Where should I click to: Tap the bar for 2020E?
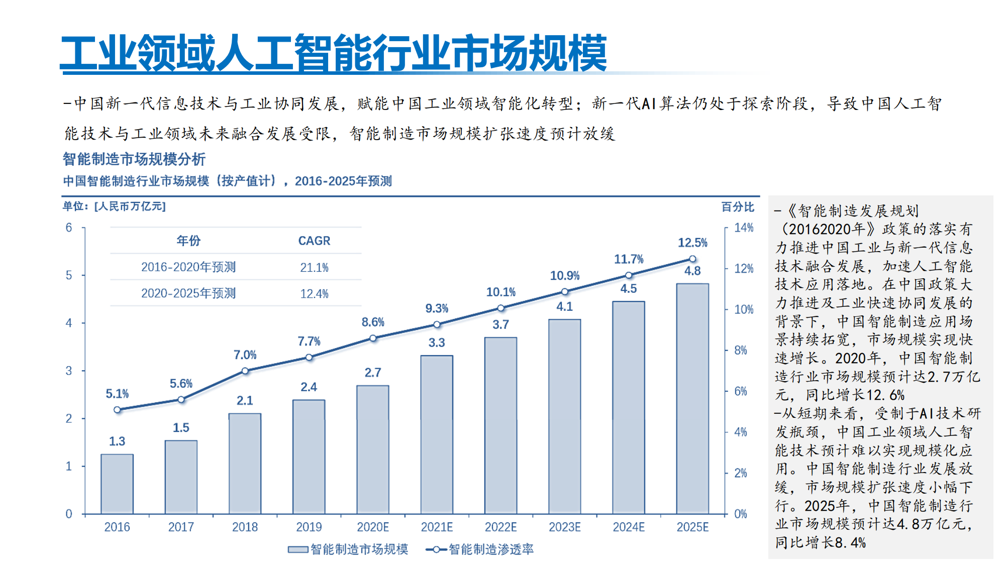pos(373,449)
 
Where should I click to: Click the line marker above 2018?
pos(245,371)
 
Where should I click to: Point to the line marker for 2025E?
pos(692,259)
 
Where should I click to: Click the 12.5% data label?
pos(692,243)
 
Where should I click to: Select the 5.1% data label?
pos(117,394)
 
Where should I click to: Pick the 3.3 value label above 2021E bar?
pos(437,343)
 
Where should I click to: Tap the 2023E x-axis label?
pos(564,527)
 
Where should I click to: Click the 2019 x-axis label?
pos(309,527)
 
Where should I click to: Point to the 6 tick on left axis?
pos(69,228)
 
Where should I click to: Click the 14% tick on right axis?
pos(744,228)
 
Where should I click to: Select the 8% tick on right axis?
pos(741,350)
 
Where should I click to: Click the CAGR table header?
pos(314,241)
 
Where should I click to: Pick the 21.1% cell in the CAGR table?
pos(314,268)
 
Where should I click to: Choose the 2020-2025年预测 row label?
pos(188,293)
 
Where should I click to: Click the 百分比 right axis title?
pos(738,207)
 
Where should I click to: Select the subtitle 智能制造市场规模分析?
pos(134,159)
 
